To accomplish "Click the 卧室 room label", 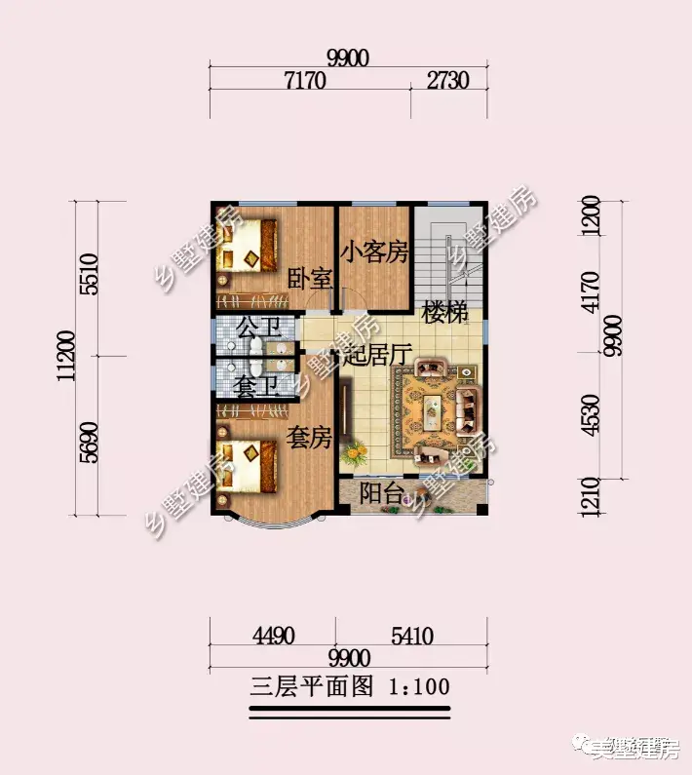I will click(310, 278).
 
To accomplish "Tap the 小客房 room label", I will click(373, 252).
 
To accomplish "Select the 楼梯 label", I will click(445, 312).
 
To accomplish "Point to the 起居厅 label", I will click(374, 355).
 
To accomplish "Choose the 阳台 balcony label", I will click(381, 493).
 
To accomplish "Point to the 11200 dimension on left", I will click(65, 359).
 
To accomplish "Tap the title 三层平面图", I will click(311, 687).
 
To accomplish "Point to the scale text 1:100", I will click(420, 687).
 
